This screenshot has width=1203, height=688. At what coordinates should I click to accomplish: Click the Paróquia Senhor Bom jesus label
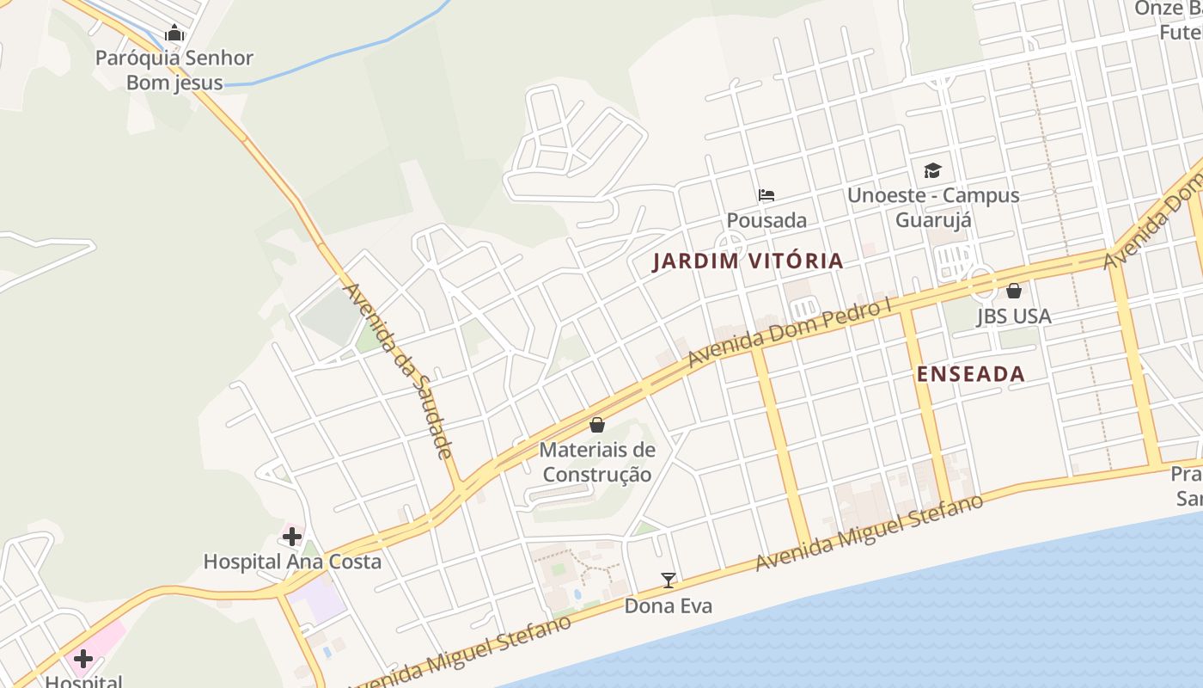pyautogui.click(x=174, y=71)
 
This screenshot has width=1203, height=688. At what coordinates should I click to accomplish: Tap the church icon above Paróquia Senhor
pyautogui.click(x=175, y=34)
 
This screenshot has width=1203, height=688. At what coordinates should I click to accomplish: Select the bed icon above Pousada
pyautogui.click(x=766, y=195)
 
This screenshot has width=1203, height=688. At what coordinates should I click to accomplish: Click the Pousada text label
pyautogui.click(x=766, y=220)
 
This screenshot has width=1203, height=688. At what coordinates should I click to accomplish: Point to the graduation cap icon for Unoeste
pyautogui.click(x=933, y=170)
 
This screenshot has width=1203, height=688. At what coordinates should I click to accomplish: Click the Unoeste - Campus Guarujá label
pyautogui.click(x=933, y=207)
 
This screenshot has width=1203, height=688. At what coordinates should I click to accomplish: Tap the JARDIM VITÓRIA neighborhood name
pyautogui.click(x=748, y=261)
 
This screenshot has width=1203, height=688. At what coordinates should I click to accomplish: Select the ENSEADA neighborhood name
pyautogui.click(x=971, y=374)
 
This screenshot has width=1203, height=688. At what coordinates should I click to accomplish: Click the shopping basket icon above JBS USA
pyautogui.click(x=1014, y=291)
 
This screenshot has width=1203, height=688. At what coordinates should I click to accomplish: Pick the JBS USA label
pyautogui.click(x=1014, y=316)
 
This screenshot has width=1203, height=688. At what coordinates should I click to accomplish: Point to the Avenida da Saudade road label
pyautogui.click(x=398, y=370)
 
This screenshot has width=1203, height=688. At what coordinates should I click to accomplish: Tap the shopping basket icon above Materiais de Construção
pyautogui.click(x=597, y=425)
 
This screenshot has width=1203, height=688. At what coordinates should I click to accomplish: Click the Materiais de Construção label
pyautogui.click(x=597, y=462)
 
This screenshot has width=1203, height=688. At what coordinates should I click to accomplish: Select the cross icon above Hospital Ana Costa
pyautogui.click(x=292, y=537)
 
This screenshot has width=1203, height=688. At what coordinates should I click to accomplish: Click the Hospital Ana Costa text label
pyautogui.click(x=292, y=562)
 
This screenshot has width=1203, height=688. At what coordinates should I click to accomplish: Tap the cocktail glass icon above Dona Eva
pyautogui.click(x=669, y=580)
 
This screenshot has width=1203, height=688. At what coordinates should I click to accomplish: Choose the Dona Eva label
pyautogui.click(x=669, y=605)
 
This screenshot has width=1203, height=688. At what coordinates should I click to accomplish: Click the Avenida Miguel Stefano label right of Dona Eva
pyautogui.click(x=869, y=532)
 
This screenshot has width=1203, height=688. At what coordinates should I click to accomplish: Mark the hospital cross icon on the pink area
pyautogui.click(x=83, y=659)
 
